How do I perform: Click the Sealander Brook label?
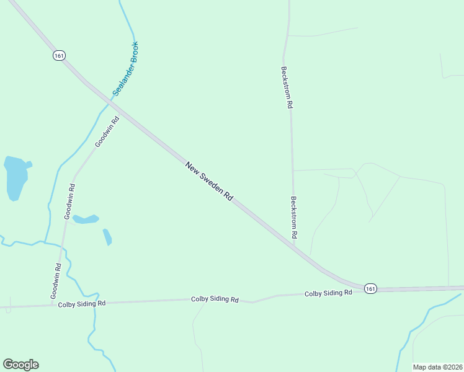(125, 69)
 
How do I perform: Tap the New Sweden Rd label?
(209, 181)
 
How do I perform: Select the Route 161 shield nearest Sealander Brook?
(58, 55)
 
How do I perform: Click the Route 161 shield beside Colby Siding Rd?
(370, 288)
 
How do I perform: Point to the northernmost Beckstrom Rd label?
(286, 88)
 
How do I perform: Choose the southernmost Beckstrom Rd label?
(294, 218)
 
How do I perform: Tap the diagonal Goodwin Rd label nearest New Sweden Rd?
(107, 132)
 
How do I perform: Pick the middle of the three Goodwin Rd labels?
(69, 201)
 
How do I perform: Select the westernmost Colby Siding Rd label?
(82, 304)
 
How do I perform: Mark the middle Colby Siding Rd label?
(215, 299)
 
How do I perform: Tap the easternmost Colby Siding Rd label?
(328, 293)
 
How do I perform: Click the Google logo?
(20, 365)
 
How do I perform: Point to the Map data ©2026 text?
(437, 367)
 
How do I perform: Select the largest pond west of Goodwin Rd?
(16, 178)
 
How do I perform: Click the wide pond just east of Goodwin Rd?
(86, 219)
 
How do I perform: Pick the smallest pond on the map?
(107, 237)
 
